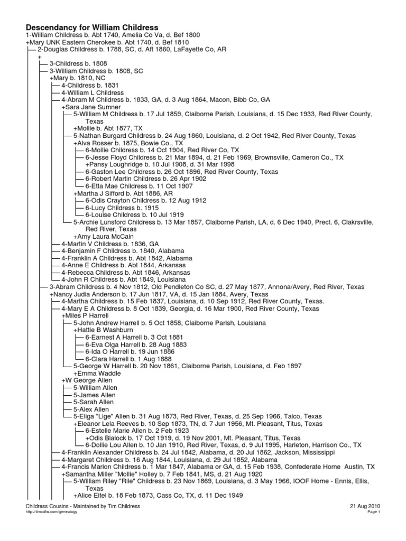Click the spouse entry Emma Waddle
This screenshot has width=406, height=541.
pyautogui.click(x=97, y=374)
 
